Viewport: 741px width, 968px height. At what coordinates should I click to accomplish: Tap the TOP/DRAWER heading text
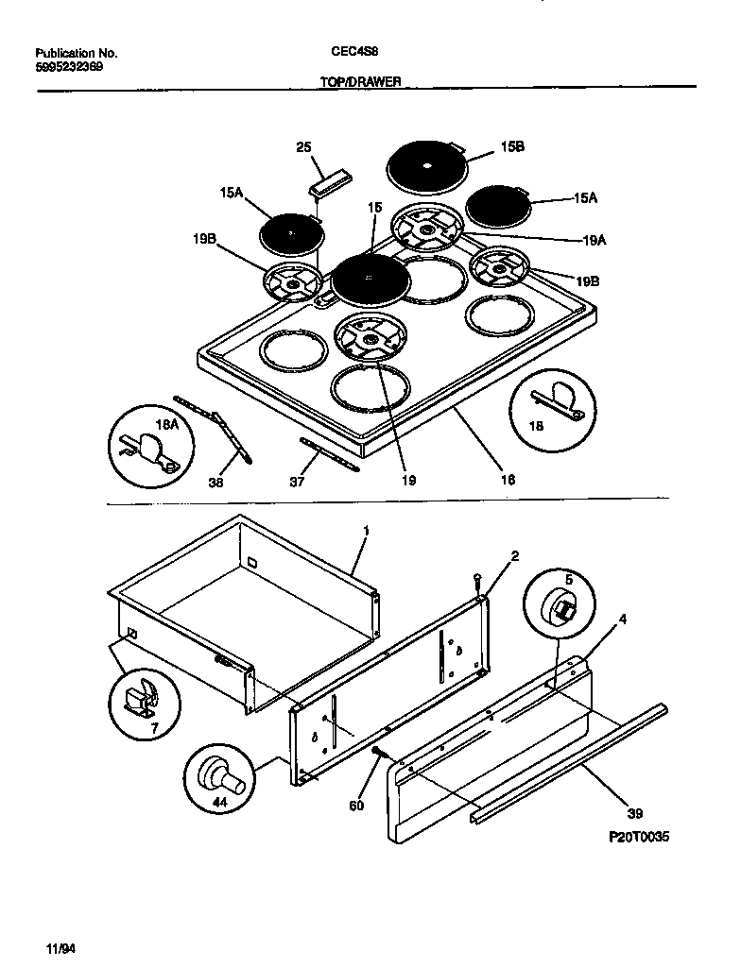362,82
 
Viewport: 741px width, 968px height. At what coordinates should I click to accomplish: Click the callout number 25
303,146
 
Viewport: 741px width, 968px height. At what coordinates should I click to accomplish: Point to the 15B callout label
512,146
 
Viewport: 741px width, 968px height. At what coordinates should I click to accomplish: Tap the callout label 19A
594,241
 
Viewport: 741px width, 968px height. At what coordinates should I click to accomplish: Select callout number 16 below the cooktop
508,480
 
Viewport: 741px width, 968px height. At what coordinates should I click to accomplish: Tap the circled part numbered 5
563,603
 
